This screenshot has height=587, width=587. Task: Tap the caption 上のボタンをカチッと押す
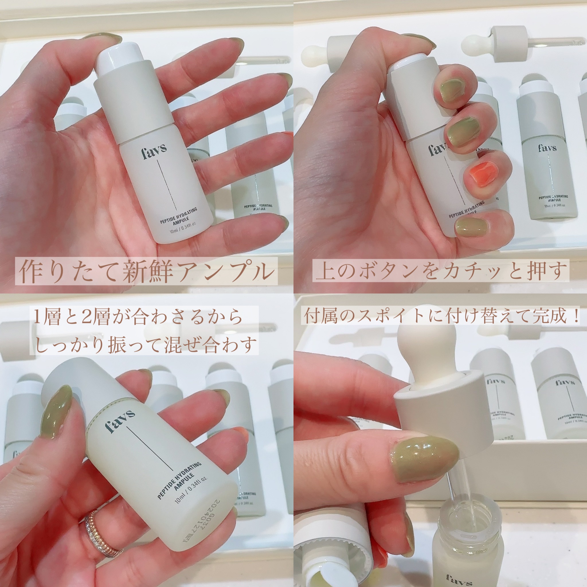pyautogui.click(x=441, y=270)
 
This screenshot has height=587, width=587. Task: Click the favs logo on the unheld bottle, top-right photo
pyautogui.click(x=548, y=148)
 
